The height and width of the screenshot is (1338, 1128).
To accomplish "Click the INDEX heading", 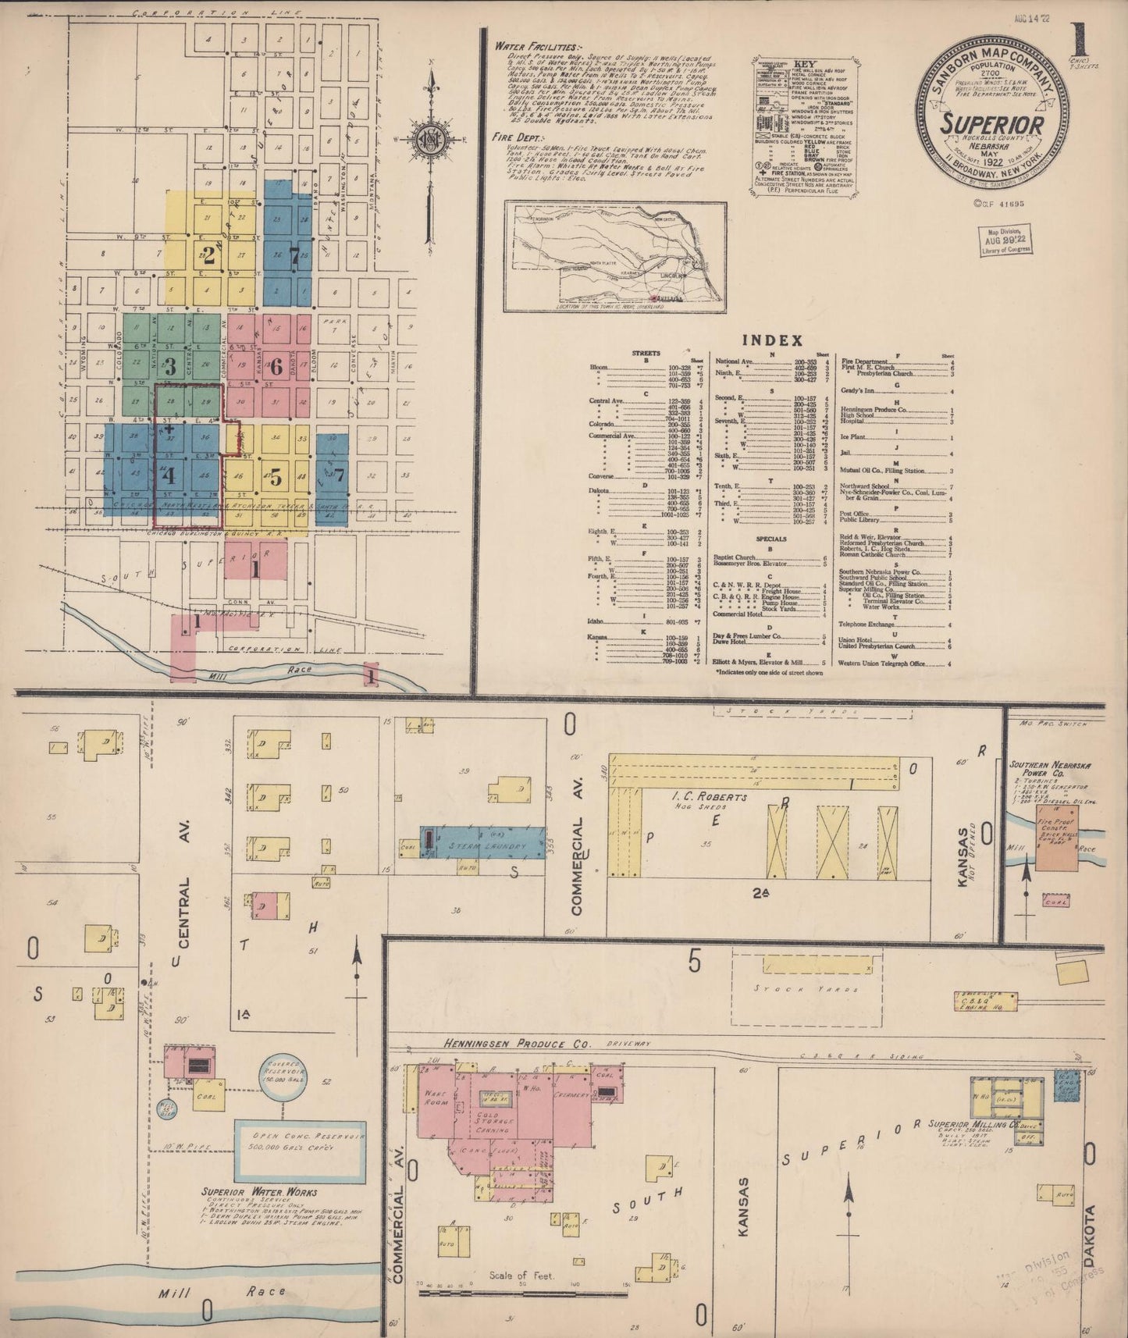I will click(x=771, y=340).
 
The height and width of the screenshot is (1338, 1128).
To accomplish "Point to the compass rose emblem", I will click(x=429, y=137).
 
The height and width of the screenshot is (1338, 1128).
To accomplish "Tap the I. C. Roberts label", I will click(x=713, y=797).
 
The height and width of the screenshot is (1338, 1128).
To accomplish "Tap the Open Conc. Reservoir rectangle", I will click(x=301, y=1151).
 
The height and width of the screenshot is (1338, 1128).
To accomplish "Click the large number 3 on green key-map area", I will click(x=169, y=365).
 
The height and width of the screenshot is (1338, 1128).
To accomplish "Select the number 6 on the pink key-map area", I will click(x=276, y=364).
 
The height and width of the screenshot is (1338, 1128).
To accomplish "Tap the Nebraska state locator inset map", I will click(x=615, y=256).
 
